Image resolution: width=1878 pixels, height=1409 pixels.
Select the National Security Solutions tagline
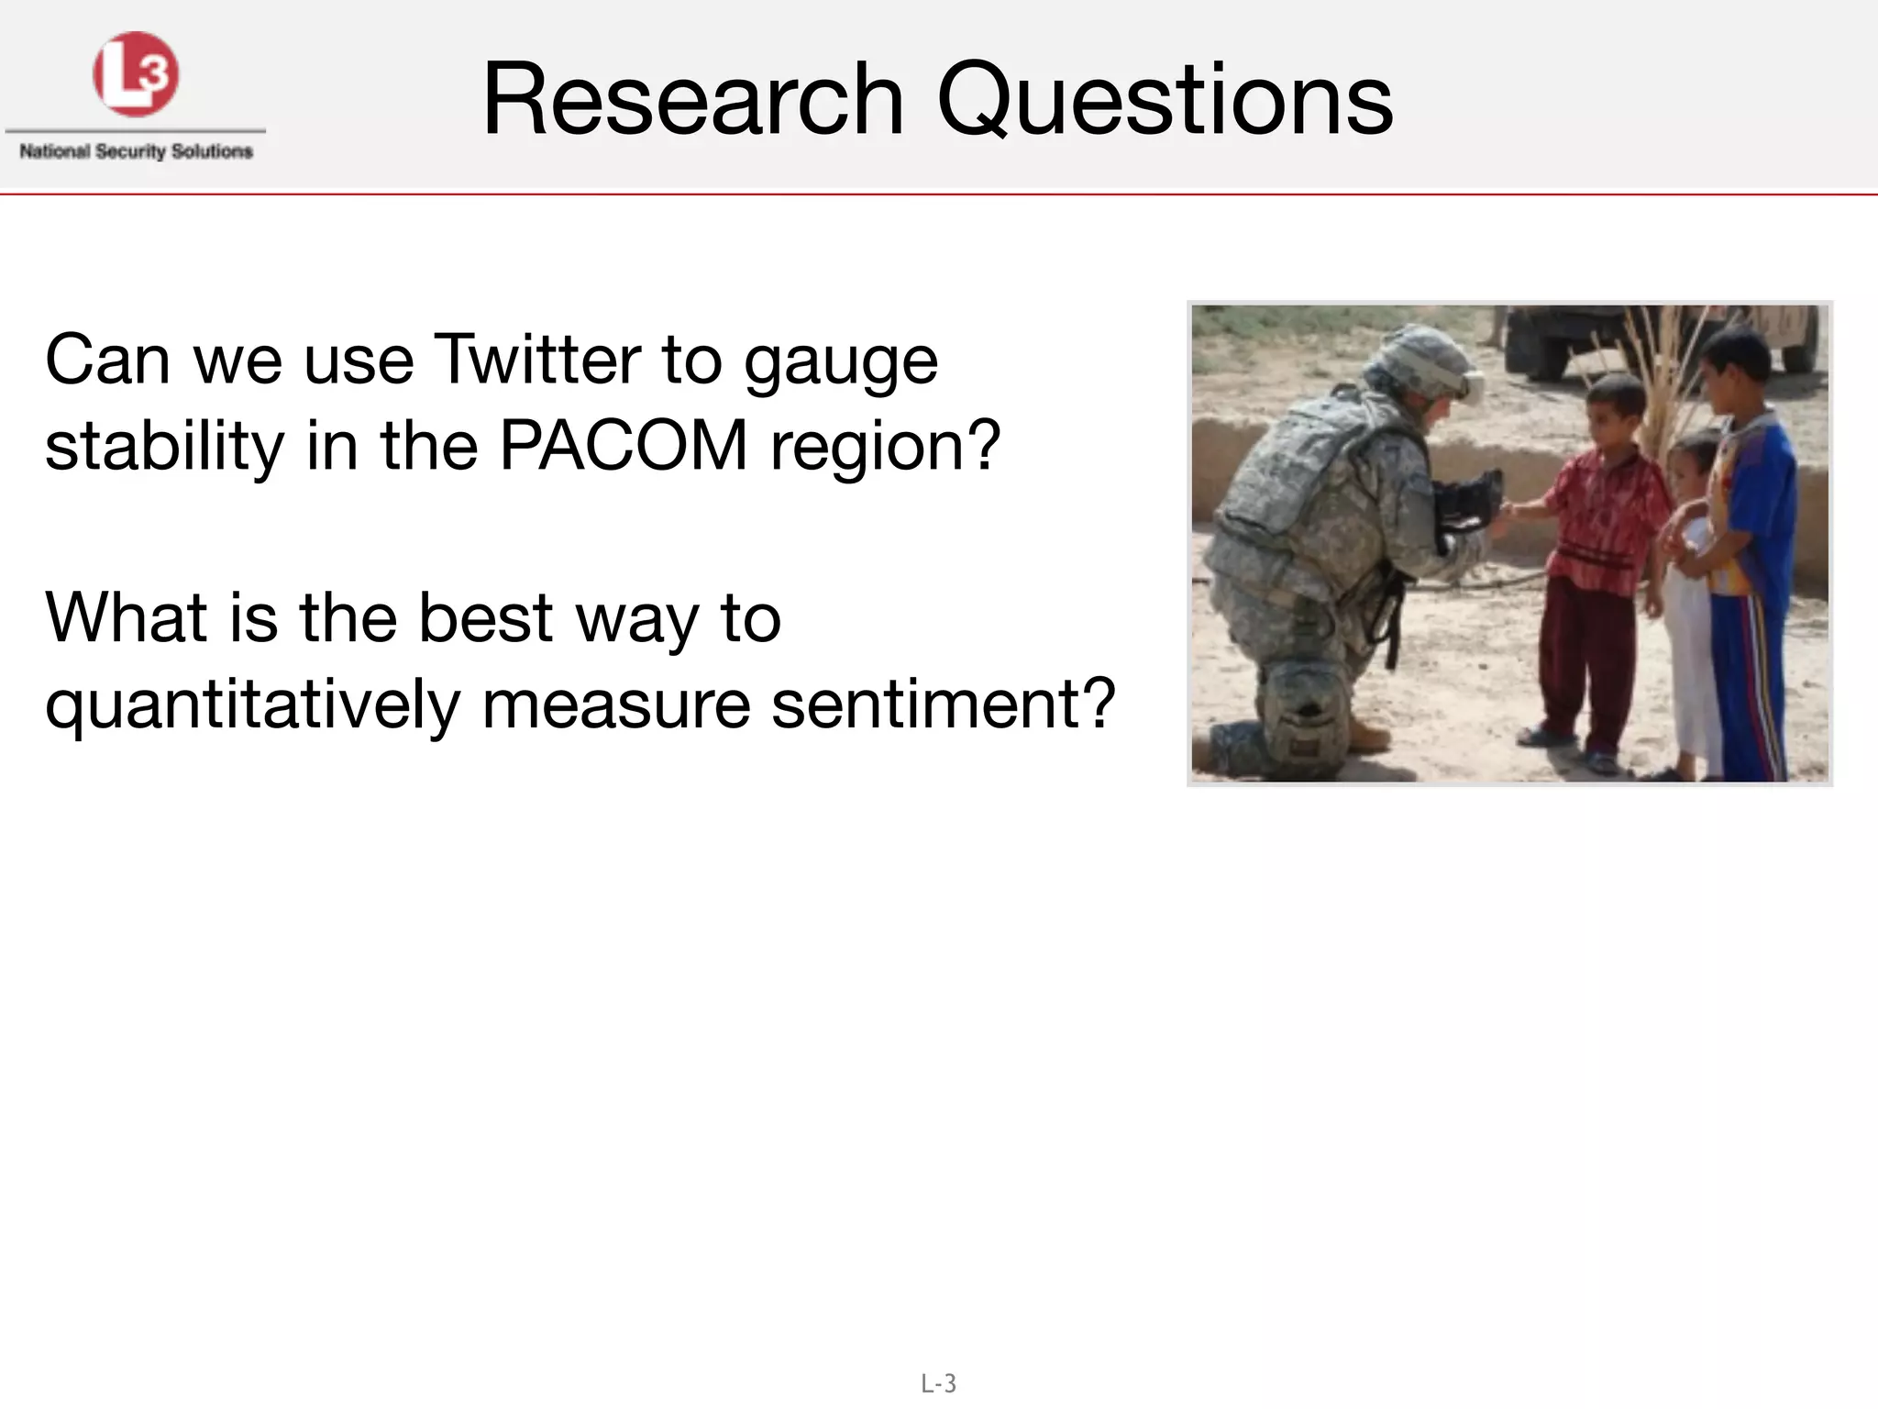(x=136, y=151)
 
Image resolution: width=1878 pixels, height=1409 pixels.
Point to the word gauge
(x=841, y=363)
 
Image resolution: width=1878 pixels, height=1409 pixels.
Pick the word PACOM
(x=624, y=446)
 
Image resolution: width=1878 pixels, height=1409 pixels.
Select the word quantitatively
(x=252, y=706)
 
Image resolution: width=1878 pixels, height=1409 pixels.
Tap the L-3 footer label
(x=939, y=1383)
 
